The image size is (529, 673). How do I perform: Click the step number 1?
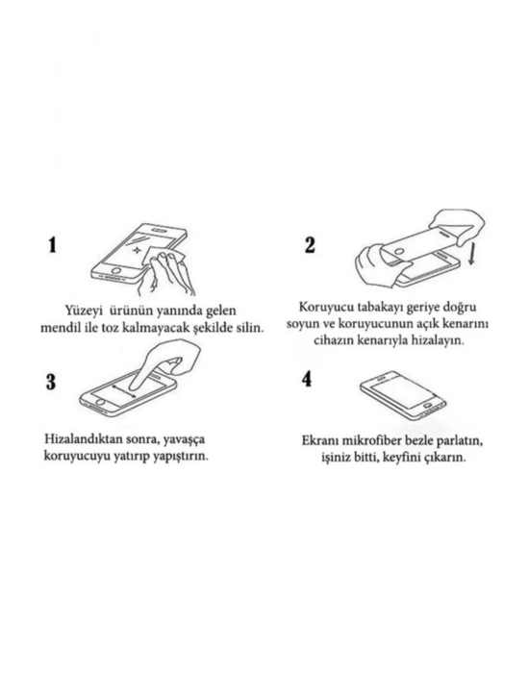tap(52, 244)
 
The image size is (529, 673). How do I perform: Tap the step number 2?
tap(310, 244)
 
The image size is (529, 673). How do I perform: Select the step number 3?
tap(51, 382)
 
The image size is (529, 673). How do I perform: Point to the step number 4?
tap(307, 379)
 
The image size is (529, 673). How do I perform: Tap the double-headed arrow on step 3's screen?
tap(124, 391)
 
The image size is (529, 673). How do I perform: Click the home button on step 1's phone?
tap(115, 271)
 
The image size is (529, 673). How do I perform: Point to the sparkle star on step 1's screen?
tap(137, 249)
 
